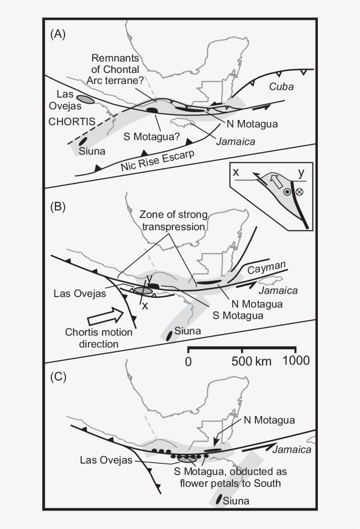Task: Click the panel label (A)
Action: click(58, 35)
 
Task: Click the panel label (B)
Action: click(58, 207)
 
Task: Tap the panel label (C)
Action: click(58, 377)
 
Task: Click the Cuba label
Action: click(281, 87)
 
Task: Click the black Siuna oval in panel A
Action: click(82, 142)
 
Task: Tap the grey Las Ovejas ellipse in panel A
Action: click(85, 99)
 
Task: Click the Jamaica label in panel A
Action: click(235, 141)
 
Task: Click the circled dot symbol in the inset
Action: click(287, 192)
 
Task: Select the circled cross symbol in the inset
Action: click(300, 192)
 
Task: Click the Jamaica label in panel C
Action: click(292, 449)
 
